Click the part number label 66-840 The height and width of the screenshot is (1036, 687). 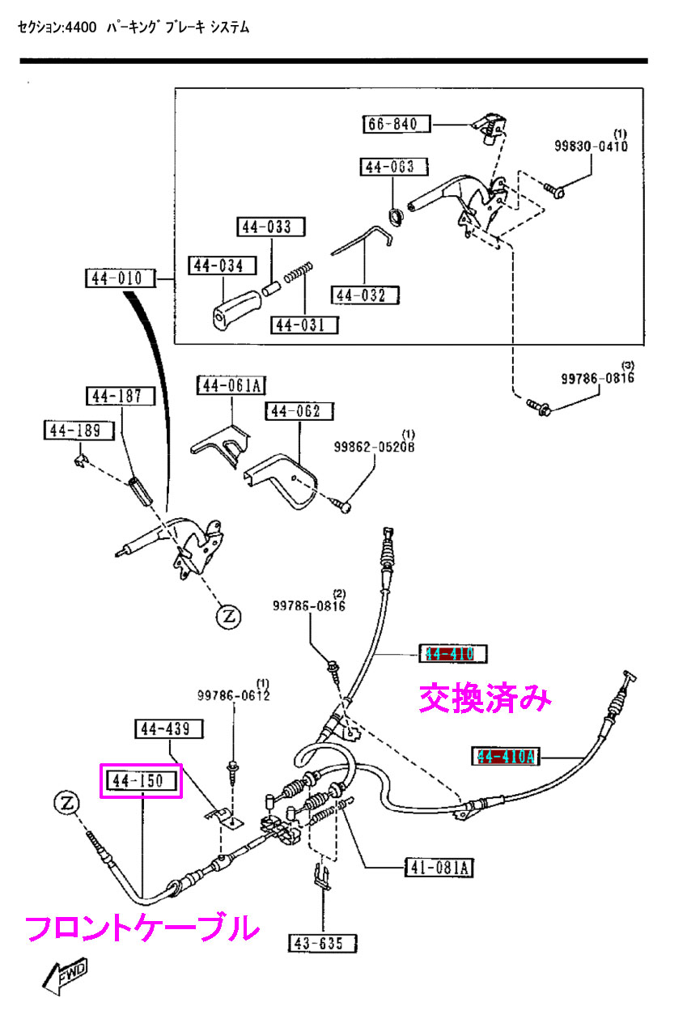[x=396, y=124]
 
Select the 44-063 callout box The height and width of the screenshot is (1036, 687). [x=388, y=167]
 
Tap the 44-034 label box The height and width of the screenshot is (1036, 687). [x=221, y=265]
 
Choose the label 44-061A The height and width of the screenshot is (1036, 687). [x=231, y=385]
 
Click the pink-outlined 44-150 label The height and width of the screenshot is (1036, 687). [x=139, y=781]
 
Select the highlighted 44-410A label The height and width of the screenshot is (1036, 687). [x=506, y=757]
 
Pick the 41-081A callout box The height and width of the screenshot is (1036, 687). [x=439, y=868]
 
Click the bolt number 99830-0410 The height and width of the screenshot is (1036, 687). [x=591, y=146]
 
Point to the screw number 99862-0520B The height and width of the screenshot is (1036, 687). [x=374, y=446]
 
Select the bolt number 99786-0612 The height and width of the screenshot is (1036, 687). [x=234, y=694]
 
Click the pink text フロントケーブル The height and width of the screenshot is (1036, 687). [x=142, y=928]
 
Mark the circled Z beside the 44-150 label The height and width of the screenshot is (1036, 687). [x=67, y=803]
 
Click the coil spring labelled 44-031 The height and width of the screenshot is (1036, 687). [x=300, y=273]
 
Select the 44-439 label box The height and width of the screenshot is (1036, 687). [x=168, y=729]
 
